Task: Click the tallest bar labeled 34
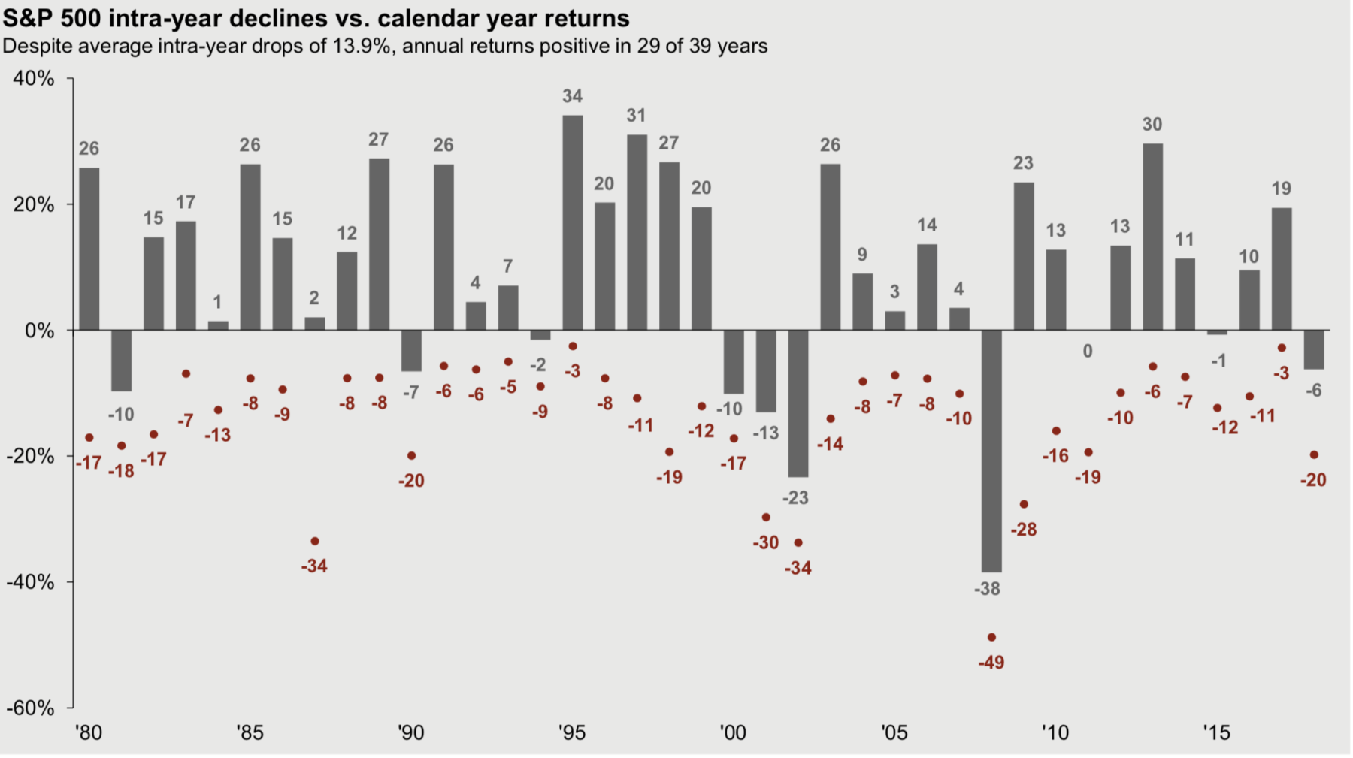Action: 572,222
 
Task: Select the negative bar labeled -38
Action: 991,451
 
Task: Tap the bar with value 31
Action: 637,232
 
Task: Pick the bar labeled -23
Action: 798,403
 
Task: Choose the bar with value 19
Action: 1282,269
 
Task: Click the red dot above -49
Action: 991,637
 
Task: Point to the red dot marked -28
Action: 1024,504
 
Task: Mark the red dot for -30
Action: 766,517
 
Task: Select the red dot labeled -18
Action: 121,445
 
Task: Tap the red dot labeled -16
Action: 1056,431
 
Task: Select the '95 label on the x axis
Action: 572,732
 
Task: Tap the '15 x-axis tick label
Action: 1216,732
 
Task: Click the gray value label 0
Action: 1088,351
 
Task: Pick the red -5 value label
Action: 508,387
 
